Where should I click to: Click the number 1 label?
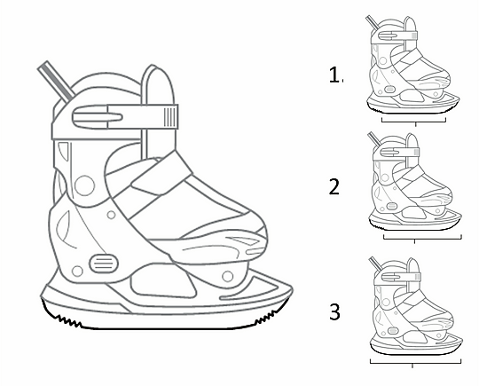coord(334,75)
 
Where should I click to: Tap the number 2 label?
coord(334,186)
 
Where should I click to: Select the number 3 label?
coord(334,311)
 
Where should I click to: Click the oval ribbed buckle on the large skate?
coord(104,264)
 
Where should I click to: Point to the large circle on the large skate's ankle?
coord(84,185)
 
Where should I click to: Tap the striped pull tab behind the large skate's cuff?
coord(56,81)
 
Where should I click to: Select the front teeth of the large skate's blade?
coord(267,316)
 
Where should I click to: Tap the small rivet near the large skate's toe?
coord(228,276)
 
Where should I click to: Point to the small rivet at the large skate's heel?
coord(77,271)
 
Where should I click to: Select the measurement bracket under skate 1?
coord(413,122)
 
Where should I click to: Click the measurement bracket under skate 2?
coord(422,239)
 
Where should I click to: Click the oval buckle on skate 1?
coord(390,90)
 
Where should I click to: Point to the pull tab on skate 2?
coord(374,138)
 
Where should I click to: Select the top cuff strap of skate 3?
coord(401,277)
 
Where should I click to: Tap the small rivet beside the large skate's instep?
coord(111,215)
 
